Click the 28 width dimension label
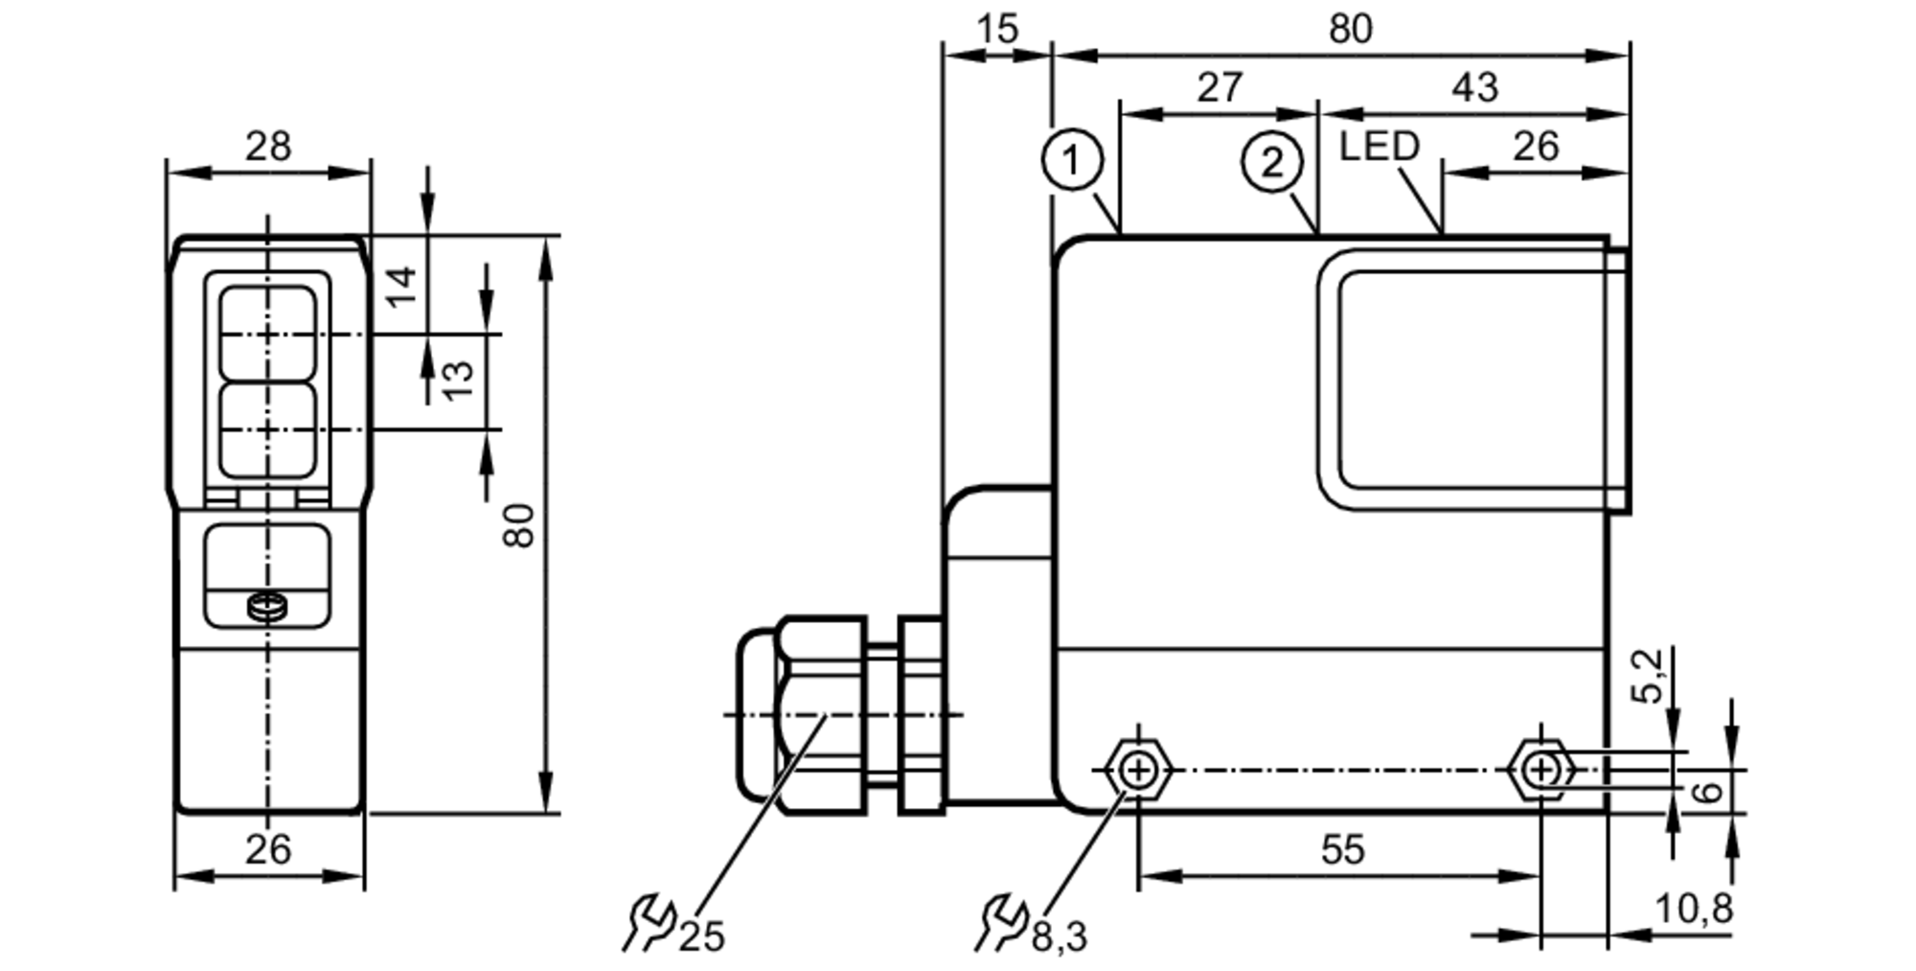click(x=267, y=147)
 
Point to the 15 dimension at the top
click(x=997, y=29)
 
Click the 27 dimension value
click(x=1220, y=88)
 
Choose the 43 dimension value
click(x=1474, y=88)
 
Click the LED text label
click(x=1379, y=147)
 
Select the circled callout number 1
click(x=1072, y=160)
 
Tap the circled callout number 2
click(x=1271, y=162)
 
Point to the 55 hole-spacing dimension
click(x=1342, y=849)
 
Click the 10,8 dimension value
click(x=1694, y=909)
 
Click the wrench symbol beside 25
click(x=649, y=923)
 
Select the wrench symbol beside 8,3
click(x=1001, y=923)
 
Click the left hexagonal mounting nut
click(x=1137, y=770)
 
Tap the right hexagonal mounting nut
click(x=1540, y=770)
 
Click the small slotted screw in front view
click(x=267, y=606)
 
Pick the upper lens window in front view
click(x=267, y=332)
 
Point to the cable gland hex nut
click(x=821, y=714)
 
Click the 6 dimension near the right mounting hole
click(x=1708, y=792)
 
